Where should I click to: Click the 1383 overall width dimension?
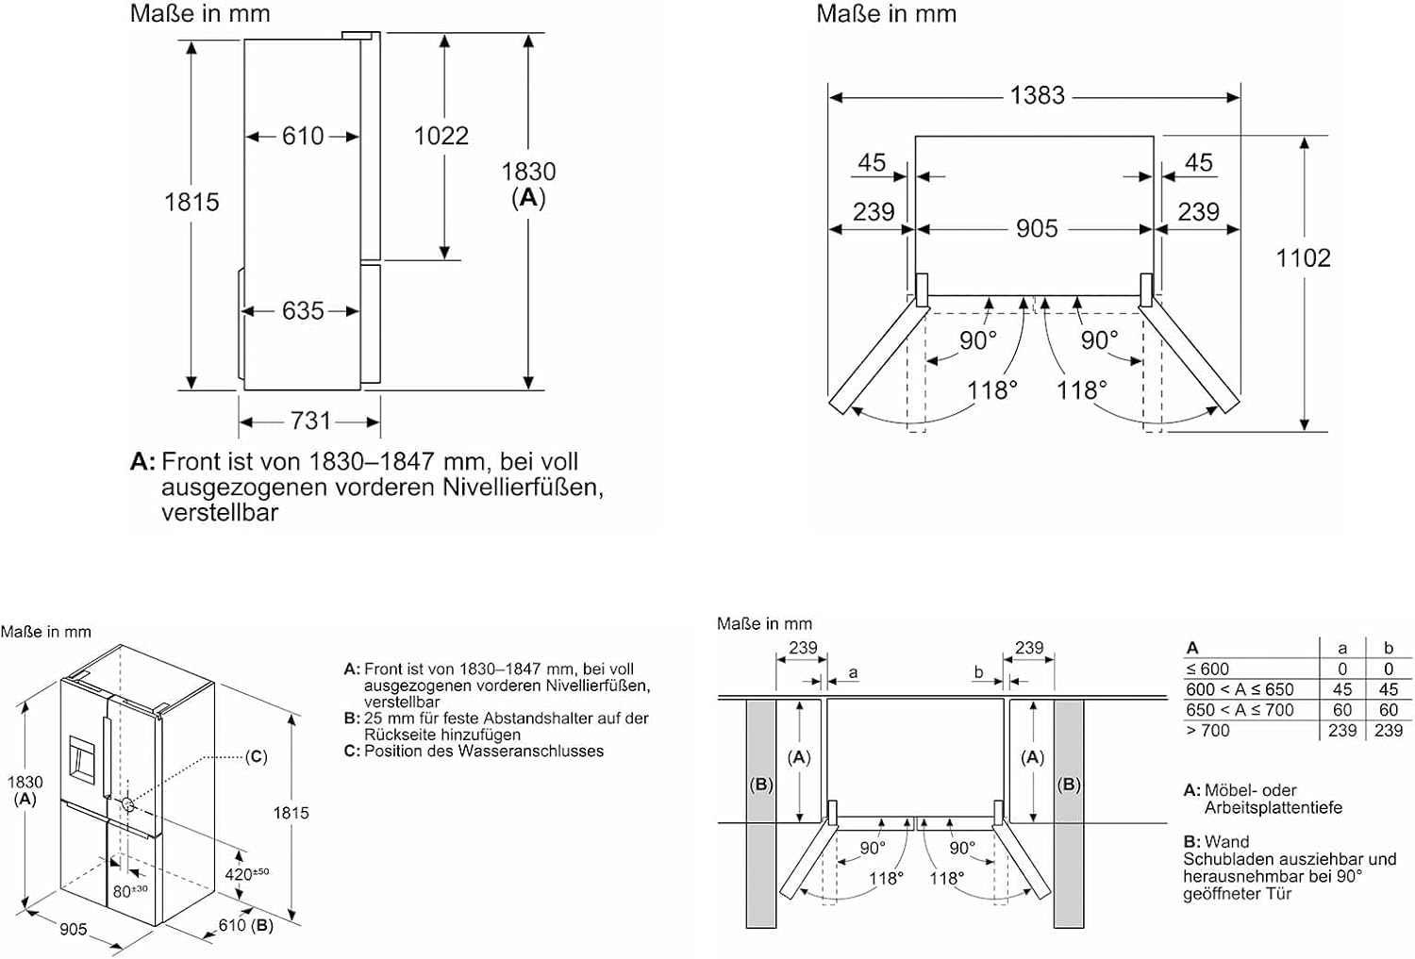tap(1038, 95)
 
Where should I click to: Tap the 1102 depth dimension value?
tap(1303, 257)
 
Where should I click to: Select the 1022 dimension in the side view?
tap(441, 136)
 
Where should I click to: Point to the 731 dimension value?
tap(310, 422)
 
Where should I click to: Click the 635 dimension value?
tap(303, 310)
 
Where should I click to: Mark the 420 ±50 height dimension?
tap(247, 874)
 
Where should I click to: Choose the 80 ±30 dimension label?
tap(130, 891)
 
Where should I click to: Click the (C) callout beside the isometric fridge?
tap(256, 756)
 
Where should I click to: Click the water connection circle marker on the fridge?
tap(127, 804)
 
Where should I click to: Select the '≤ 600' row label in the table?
tap(1207, 670)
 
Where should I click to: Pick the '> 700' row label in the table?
tap(1207, 731)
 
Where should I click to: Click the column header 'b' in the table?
tap(1389, 648)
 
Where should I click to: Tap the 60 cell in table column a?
tap(1342, 710)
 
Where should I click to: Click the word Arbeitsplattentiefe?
tap(1273, 807)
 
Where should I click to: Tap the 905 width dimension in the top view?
tap(1037, 228)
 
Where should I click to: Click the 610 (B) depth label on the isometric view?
tap(245, 926)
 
